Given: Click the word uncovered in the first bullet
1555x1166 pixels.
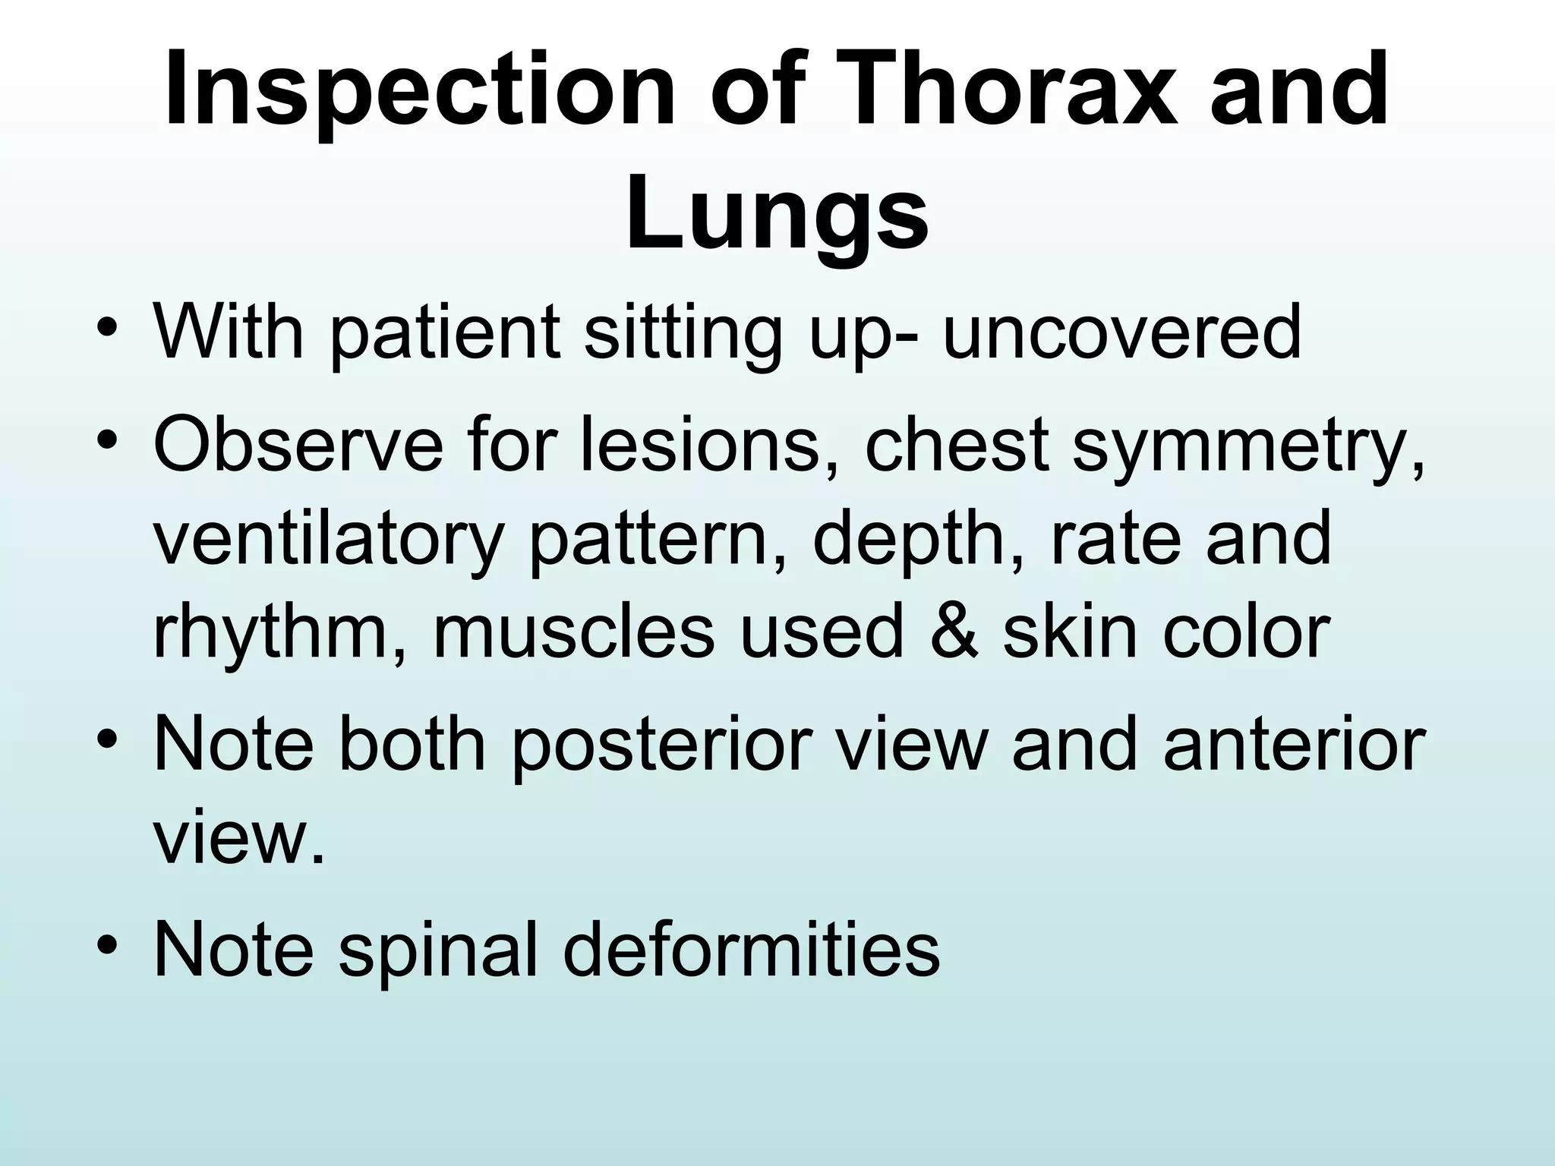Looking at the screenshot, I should (x=1122, y=332).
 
